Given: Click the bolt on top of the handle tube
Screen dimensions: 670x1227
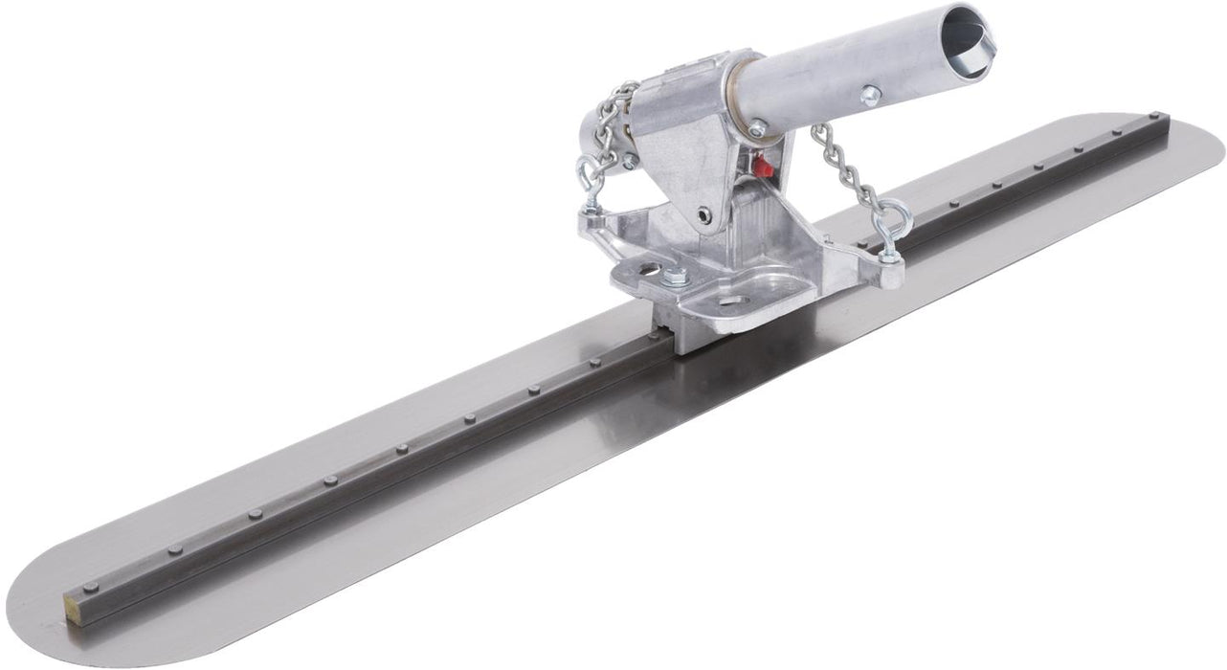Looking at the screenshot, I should click(870, 95).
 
